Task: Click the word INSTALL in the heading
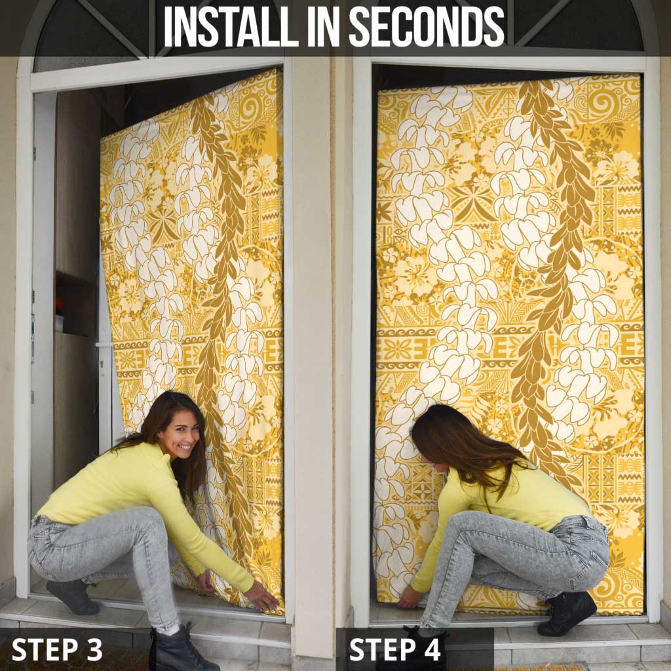coord(231,26)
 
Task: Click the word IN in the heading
coord(324,26)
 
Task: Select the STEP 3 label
coord(58,649)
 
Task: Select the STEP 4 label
coord(395,649)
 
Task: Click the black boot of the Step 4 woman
coord(567,613)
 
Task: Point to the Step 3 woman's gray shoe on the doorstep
coord(73,596)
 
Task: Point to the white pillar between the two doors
coord(313,342)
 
